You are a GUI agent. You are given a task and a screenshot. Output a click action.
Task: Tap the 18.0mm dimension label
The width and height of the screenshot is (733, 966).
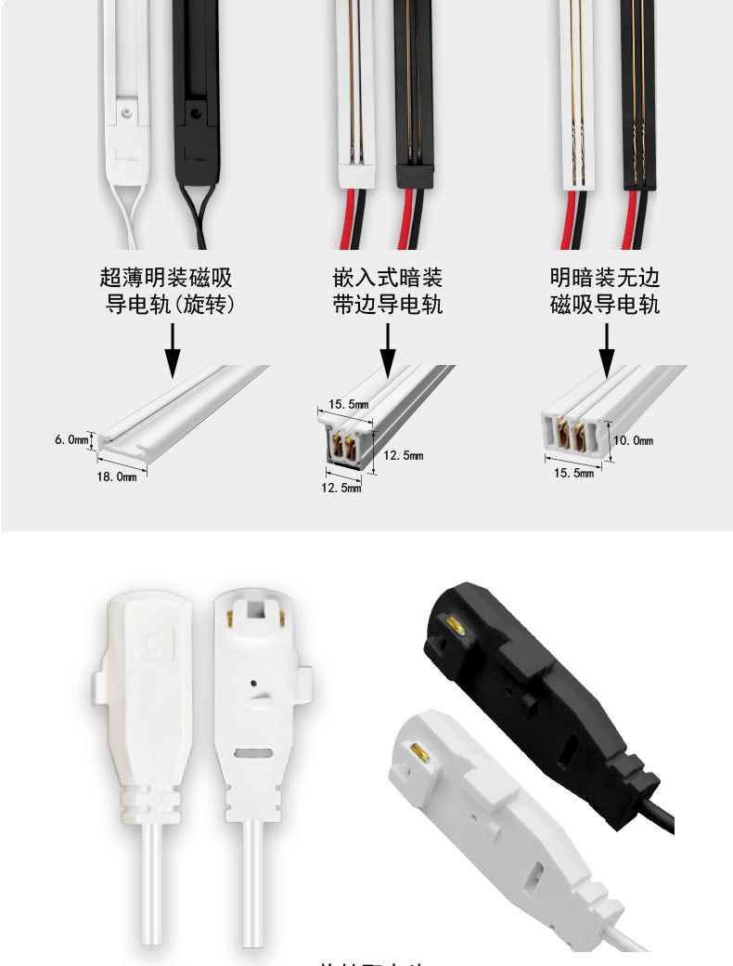(x=117, y=476)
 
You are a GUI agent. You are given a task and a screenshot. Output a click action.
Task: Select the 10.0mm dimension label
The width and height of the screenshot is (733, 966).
(x=635, y=440)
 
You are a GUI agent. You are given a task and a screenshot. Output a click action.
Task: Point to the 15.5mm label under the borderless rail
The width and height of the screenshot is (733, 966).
(x=573, y=474)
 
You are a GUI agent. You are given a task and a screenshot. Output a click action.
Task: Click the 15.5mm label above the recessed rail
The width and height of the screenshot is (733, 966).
(x=349, y=405)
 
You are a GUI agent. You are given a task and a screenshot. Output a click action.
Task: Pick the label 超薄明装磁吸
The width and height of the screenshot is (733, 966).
(x=165, y=278)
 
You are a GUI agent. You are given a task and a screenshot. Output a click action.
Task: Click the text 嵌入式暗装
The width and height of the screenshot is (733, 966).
(x=388, y=278)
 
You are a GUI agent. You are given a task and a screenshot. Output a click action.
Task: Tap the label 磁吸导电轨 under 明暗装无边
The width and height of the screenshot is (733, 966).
(x=605, y=305)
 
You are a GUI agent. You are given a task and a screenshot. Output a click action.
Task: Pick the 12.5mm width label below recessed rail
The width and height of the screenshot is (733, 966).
(x=341, y=488)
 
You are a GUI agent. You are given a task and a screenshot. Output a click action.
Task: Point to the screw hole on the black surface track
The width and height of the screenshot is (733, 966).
(x=194, y=111)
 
